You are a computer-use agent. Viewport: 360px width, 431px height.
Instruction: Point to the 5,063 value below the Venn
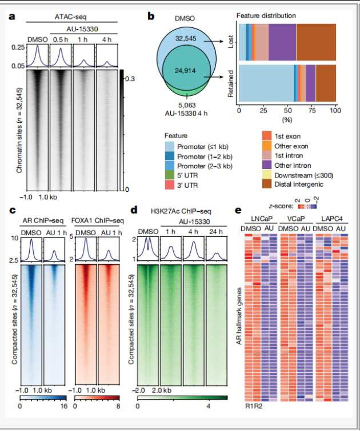pos(187,104)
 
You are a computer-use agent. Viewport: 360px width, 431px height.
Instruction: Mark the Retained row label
pos(232,82)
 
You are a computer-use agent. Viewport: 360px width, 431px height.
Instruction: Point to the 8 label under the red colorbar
pos(118,405)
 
